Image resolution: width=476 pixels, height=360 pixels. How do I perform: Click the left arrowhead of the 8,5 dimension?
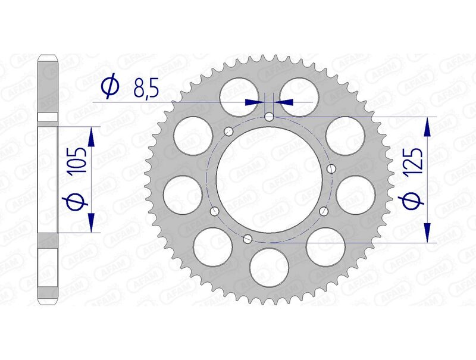tap(254, 102)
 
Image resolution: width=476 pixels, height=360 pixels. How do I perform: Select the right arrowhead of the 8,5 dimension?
tap(284, 102)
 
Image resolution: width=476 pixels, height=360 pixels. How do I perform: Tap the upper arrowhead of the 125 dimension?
tap(427, 126)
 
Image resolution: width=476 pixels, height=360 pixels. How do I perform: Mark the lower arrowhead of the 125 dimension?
tap(427, 233)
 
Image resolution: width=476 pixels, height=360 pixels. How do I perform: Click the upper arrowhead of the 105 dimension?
tap(91, 137)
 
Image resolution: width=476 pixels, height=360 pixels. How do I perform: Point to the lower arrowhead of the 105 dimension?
tap(91, 221)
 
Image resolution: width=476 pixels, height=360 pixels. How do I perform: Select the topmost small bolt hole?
tap(269, 117)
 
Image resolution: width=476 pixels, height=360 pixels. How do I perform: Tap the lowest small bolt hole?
tap(248, 239)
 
